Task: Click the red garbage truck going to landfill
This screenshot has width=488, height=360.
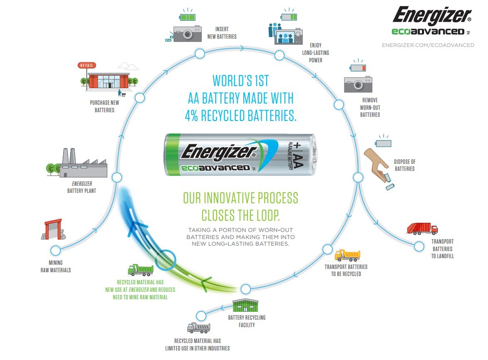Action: point(422,229)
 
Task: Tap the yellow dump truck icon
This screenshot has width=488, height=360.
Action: point(347,255)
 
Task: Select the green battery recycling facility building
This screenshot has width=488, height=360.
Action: point(245,306)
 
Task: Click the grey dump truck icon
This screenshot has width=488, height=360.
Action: point(199,328)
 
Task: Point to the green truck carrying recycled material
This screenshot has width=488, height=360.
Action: point(140,270)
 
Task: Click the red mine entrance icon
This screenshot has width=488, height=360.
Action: point(53,229)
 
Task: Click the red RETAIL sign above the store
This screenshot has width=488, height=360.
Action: point(87,65)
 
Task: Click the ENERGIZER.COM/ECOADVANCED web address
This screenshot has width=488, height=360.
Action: point(428,45)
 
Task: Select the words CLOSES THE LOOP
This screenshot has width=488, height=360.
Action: point(240,215)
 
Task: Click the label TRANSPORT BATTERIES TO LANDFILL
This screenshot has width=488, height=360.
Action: point(442,249)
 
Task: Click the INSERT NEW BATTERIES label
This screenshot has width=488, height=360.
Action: point(222,33)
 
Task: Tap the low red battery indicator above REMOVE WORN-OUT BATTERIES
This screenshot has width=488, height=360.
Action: point(358,68)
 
